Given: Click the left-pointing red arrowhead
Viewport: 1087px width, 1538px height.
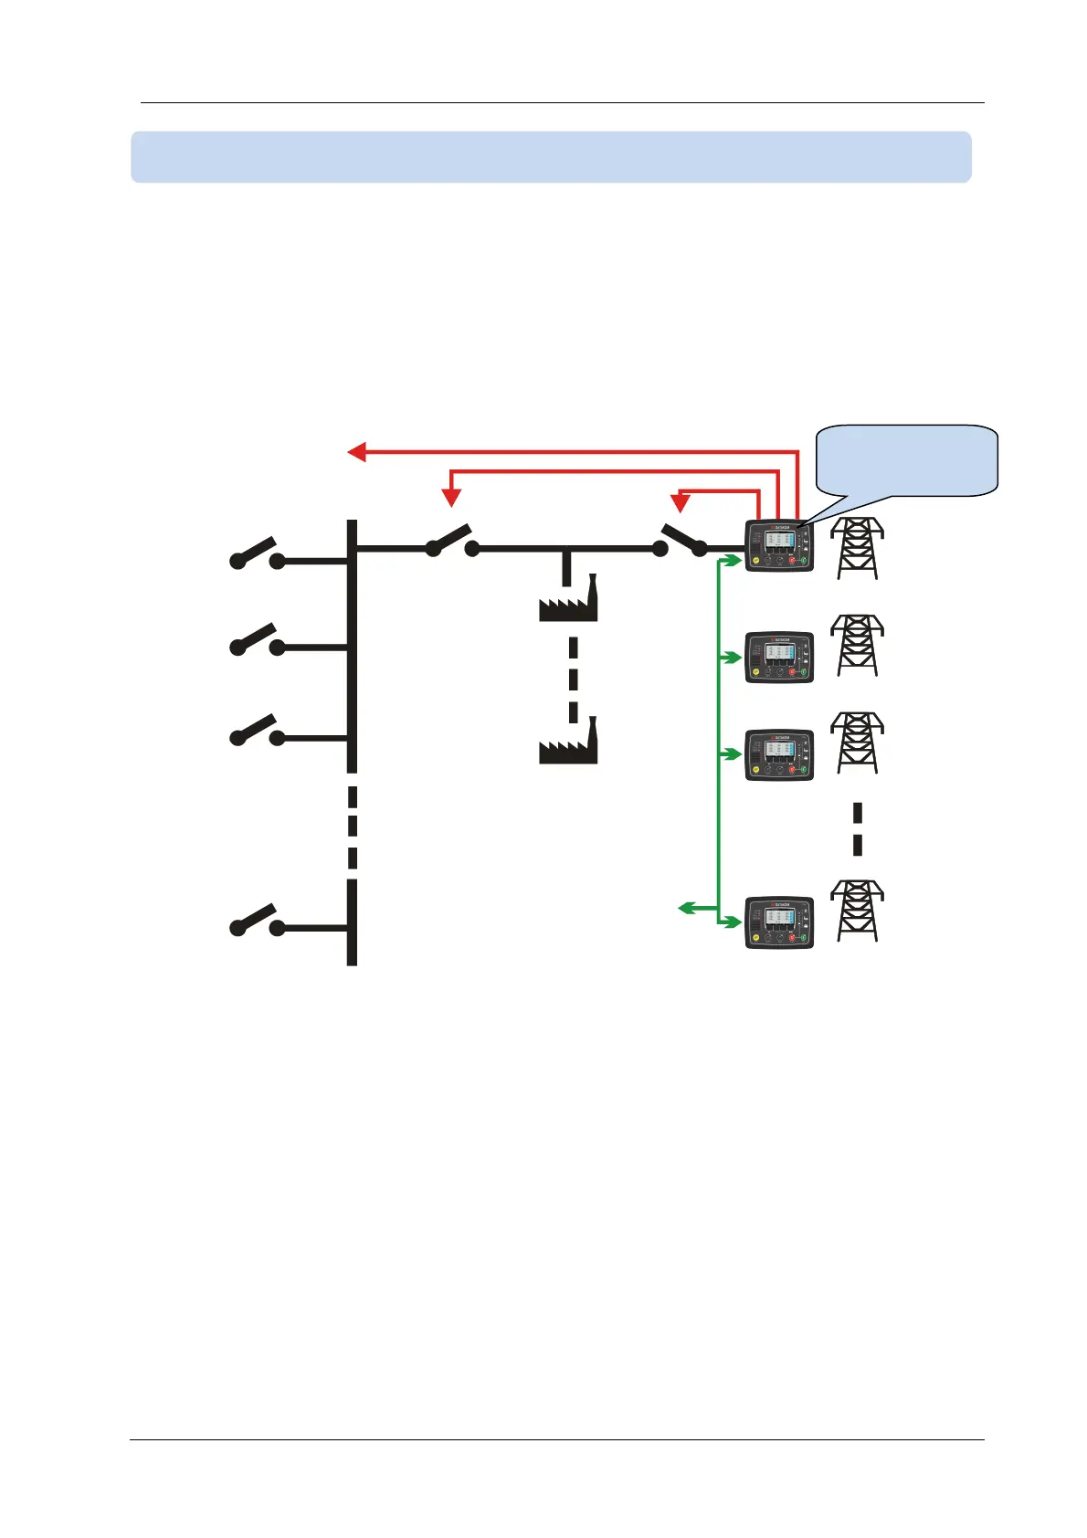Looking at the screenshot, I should (357, 451).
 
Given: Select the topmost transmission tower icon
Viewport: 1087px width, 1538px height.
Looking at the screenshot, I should (857, 548).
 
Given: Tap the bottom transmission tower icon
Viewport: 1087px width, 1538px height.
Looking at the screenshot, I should (857, 911).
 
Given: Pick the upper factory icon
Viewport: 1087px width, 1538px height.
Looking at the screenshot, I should (568, 602).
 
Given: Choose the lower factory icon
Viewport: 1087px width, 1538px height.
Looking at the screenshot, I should (568, 743).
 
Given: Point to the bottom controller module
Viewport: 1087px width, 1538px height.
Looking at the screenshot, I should (779, 923).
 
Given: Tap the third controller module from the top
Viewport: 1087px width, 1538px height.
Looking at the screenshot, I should (779, 754).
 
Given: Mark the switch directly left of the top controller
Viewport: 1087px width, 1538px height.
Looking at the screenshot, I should (681, 540).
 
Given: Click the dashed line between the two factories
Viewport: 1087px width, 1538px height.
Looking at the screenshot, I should (573, 679).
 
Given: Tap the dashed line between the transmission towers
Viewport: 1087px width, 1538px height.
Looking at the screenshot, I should (858, 829).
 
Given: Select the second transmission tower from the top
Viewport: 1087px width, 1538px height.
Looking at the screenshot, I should (857, 646).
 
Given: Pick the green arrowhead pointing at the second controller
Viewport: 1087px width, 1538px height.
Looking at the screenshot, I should (733, 657).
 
